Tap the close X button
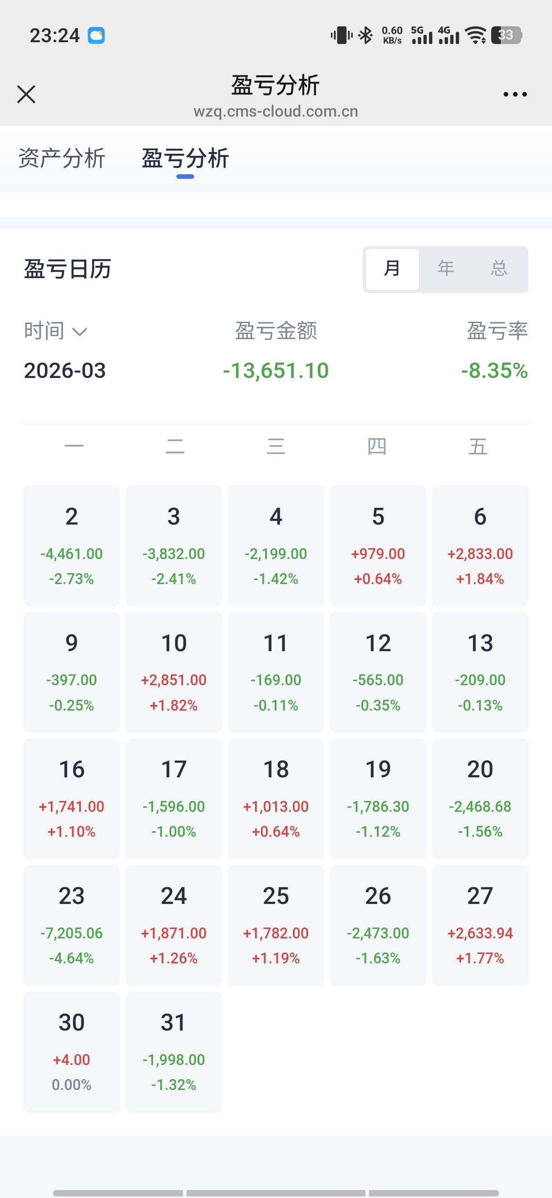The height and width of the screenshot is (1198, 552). (26, 94)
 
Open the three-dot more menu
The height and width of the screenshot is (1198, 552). (515, 94)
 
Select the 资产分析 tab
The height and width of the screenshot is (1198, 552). (62, 158)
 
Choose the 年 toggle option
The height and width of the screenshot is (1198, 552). (445, 268)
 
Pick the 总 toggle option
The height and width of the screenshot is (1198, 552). (498, 268)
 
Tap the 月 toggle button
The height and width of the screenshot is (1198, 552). (392, 268)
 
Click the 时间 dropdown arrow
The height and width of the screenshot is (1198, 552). (80, 332)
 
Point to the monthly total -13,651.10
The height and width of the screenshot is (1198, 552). (276, 371)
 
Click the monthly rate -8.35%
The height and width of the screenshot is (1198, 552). (494, 371)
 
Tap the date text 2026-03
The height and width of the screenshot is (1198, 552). (65, 371)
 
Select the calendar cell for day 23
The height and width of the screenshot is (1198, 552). (72, 925)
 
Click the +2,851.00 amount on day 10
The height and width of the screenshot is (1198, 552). (173, 680)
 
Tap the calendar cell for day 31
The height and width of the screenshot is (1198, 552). (173, 1051)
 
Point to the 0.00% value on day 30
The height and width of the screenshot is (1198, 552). (72, 1085)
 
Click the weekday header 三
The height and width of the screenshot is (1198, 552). (276, 446)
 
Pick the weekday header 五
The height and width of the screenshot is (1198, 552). (478, 446)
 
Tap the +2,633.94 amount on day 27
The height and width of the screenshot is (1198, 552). (480, 933)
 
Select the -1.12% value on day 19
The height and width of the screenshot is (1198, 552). (378, 831)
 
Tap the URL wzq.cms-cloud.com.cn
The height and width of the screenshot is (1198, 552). (276, 112)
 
